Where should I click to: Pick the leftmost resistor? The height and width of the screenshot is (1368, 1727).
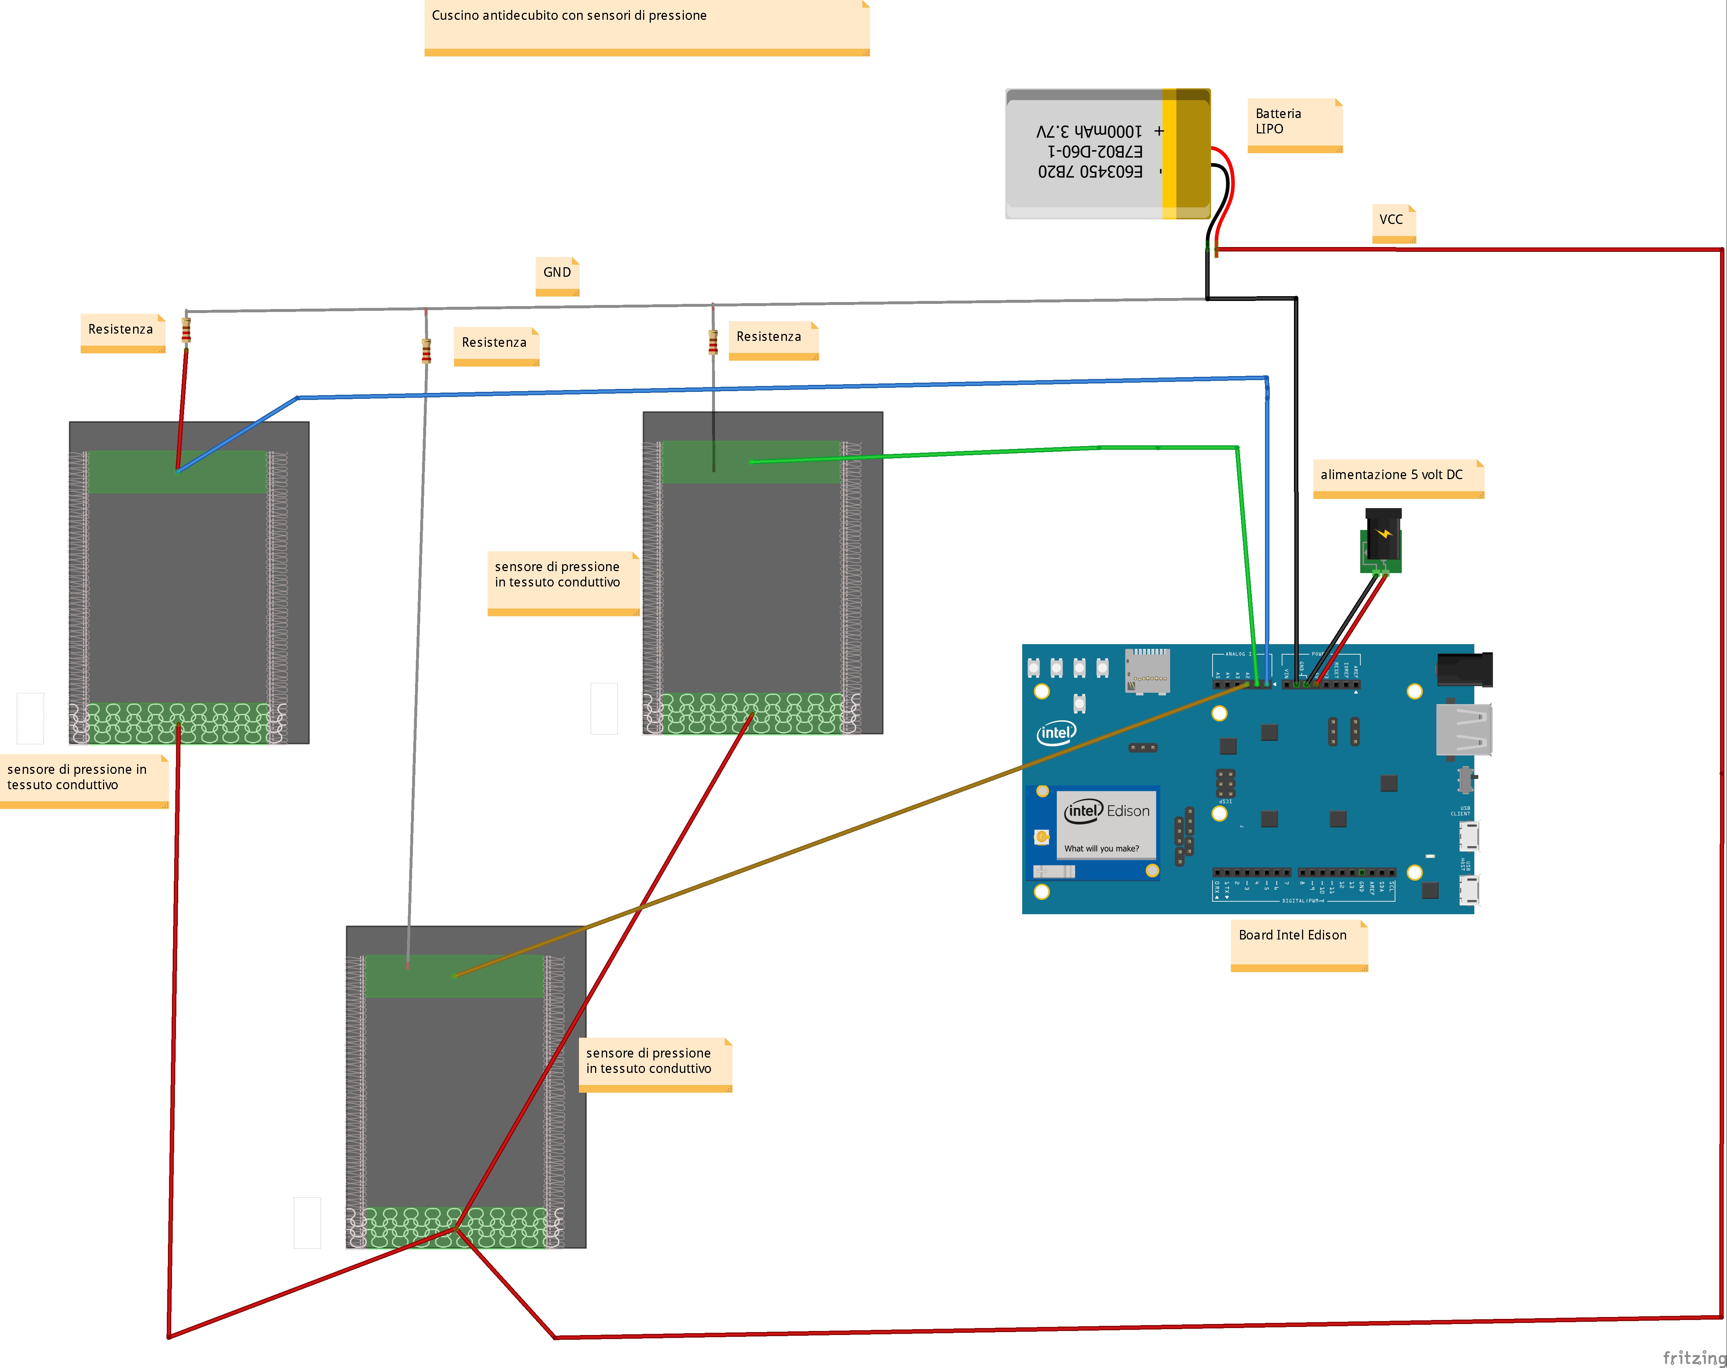click(x=186, y=329)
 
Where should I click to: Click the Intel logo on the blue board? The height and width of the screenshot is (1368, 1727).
click(x=1056, y=732)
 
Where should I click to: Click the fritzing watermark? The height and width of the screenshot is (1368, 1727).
click(x=1693, y=1357)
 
